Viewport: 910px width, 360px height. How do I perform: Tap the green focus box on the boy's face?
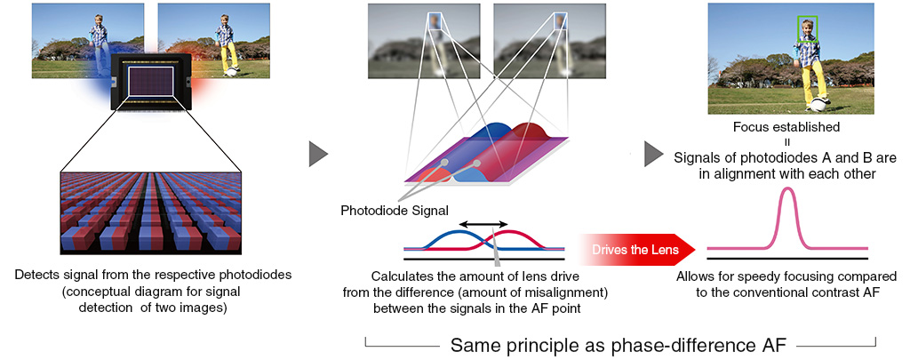[807, 29]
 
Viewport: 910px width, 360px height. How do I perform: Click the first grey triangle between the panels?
[318, 153]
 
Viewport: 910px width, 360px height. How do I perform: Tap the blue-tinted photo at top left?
[87, 40]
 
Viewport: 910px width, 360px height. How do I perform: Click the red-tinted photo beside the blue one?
[213, 40]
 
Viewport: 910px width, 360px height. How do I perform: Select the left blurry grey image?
[422, 42]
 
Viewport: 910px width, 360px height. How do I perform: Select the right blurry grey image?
[531, 42]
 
